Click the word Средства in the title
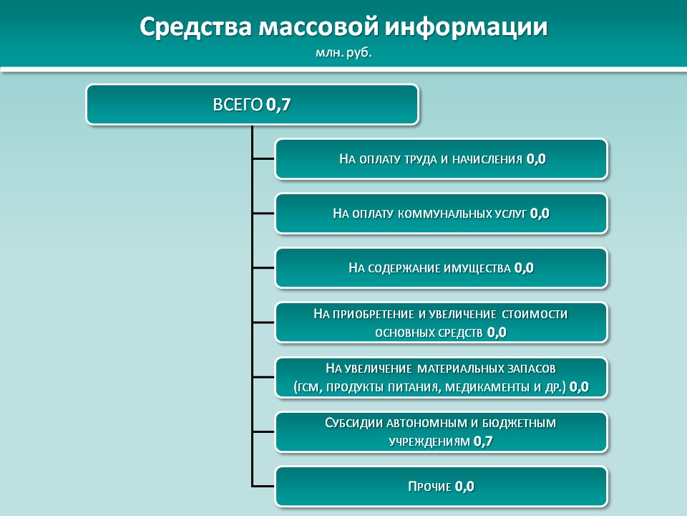195,27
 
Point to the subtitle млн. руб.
343,53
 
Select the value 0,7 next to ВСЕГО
278,105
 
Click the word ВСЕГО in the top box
238,105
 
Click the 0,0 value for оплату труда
536,159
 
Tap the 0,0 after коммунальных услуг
540,214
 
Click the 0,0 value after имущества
524,267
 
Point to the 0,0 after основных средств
497,332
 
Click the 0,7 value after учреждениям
483,441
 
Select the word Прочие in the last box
429,487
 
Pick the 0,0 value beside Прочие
464,486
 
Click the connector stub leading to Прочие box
263,486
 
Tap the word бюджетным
519,424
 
